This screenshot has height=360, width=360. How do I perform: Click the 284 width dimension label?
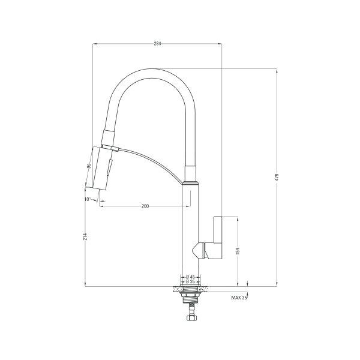[x=157, y=44]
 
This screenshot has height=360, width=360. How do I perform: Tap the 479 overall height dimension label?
[x=277, y=177]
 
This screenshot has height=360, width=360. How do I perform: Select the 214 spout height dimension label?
[x=85, y=236]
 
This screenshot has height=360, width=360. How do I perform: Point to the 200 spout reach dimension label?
[x=145, y=206]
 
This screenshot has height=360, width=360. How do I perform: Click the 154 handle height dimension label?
[x=238, y=251]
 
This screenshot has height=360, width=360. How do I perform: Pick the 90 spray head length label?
[x=89, y=166]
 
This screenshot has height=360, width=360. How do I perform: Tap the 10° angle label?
[x=88, y=199]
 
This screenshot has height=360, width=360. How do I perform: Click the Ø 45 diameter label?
[x=190, y=277]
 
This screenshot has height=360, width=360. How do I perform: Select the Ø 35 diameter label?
[x=190, y=281]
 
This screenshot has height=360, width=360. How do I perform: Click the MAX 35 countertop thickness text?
[x=239, y=298]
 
